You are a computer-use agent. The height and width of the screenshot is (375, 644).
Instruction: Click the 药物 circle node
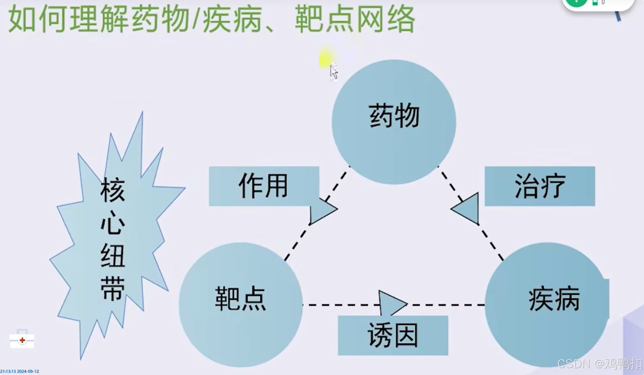click(394, 121)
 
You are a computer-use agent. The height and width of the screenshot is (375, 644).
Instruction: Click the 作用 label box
click(264, 186)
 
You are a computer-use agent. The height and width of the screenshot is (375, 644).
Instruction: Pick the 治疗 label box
click(540, 186)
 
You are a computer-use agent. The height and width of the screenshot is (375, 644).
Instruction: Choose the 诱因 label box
click(393, 335)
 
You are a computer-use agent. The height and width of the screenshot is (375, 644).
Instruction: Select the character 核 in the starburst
click(113, 190)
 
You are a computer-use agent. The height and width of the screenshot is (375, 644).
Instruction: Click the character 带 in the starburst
click(113, 289)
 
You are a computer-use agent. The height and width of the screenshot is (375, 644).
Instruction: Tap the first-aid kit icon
click(22, 340)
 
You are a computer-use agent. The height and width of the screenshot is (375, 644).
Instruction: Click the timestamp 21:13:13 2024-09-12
click(20, 371)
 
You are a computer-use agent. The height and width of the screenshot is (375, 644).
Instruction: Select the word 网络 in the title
click(385, 20)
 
